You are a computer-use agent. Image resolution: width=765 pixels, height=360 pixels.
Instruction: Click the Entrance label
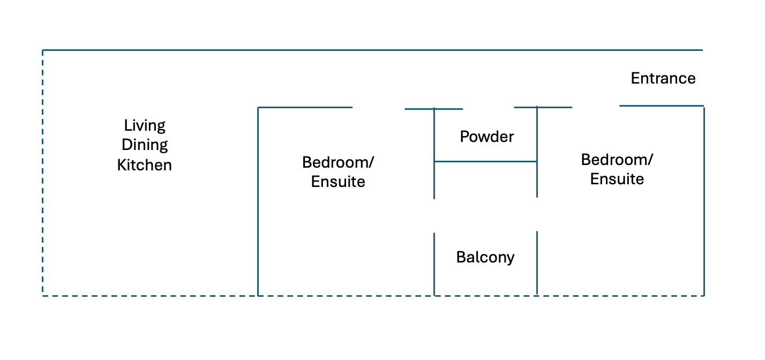(x=663, y=79)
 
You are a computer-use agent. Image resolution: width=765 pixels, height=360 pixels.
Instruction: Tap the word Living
(x=145, y=126)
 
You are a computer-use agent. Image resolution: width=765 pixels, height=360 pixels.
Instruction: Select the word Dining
(x=145, y=145)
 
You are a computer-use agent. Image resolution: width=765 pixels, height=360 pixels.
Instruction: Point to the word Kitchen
(x=145, y=165)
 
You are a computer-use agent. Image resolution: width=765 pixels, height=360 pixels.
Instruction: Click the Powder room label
(x=486, y=137)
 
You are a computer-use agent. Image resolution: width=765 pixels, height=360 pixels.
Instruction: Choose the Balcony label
(x=485, y=258)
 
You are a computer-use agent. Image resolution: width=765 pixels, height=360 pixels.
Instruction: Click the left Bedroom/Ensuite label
(x=338, y=171)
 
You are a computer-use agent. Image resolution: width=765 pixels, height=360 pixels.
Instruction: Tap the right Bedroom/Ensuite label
(x=617, y=169)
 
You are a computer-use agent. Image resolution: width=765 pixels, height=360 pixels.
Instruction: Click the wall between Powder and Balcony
(x=485, y=161)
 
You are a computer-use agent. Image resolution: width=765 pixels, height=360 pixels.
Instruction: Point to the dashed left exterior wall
(x=43, y=171)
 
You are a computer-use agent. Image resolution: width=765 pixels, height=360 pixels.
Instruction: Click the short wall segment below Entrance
(x=661, y=106)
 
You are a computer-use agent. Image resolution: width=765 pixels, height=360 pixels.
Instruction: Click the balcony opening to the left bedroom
(x=434, y=216)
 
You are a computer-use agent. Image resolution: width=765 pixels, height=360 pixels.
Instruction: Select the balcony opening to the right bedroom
(x=537, y=214)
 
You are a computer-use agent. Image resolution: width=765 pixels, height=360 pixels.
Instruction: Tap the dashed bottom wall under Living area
(x=150, y=295)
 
